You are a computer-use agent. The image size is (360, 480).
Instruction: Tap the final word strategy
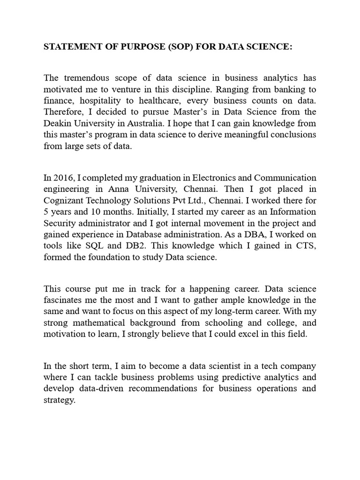coord(60,400)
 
